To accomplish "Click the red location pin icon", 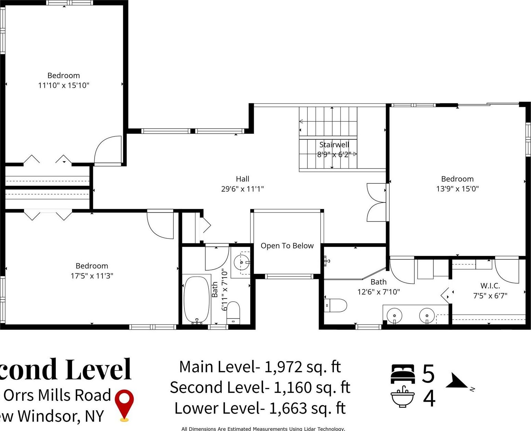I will point(124,404).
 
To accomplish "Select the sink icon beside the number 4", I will point(403,397).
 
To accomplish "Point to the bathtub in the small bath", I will point(196,300).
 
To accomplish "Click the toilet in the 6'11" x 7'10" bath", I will point(233,312).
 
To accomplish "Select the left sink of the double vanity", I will point(394,314).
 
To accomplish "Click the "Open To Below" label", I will point(287,246).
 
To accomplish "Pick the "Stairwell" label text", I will point(334,145).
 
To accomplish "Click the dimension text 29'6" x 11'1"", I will point(242,189).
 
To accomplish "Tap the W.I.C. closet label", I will point(490,286).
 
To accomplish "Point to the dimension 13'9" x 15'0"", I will point(457,189).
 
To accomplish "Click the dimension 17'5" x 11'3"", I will point(92,276).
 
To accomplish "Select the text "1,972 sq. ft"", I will point(303,367).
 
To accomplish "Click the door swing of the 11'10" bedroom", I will point(107,150).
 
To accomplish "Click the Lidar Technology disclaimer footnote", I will point(263,429).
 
